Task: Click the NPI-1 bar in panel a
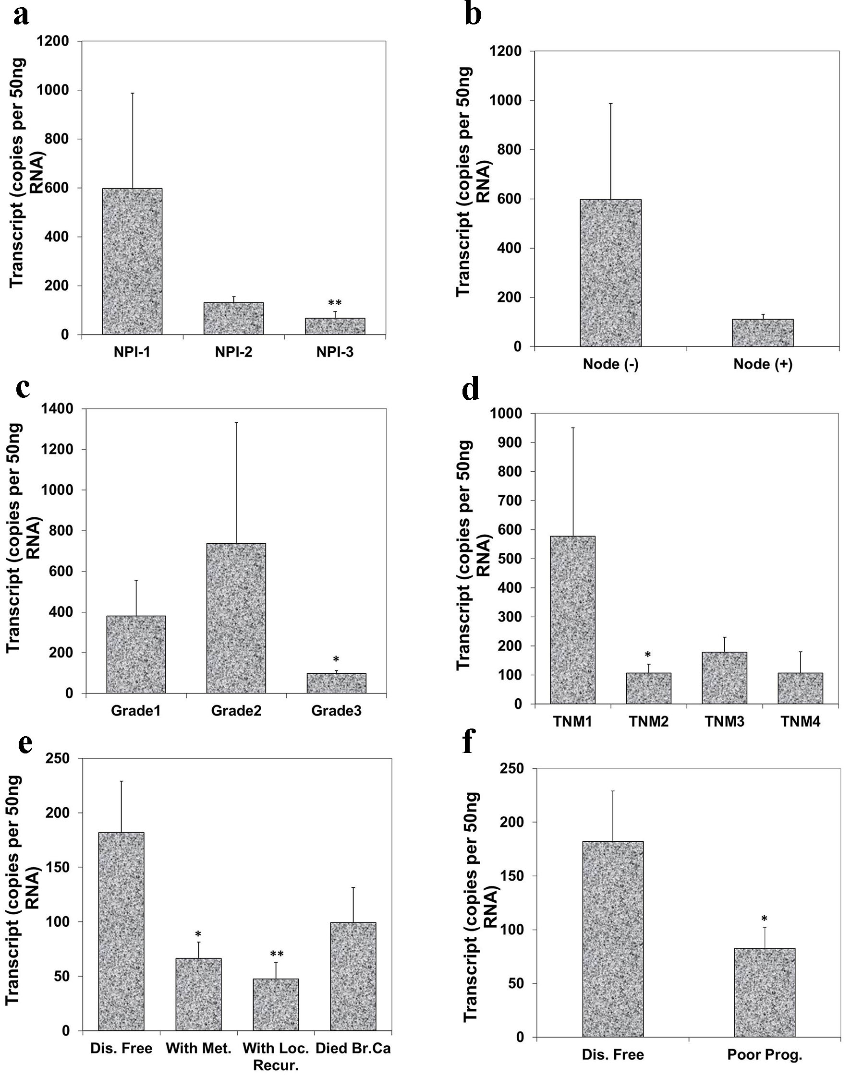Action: pos(132,261)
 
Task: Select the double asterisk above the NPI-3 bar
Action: pos(335,303)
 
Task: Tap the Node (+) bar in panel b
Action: pos(762,333)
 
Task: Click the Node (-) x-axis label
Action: pos(610,364)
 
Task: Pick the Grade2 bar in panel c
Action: pos(236,618)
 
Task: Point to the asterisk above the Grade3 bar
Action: pos(336,660)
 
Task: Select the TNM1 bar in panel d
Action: pos(572,620)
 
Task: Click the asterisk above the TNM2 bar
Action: pos(648,655)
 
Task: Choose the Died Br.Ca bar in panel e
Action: pos(353,977)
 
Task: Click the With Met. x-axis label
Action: pos(198,1049)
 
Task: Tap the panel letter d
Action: pos(470,389)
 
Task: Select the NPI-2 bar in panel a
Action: pos(233,318)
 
